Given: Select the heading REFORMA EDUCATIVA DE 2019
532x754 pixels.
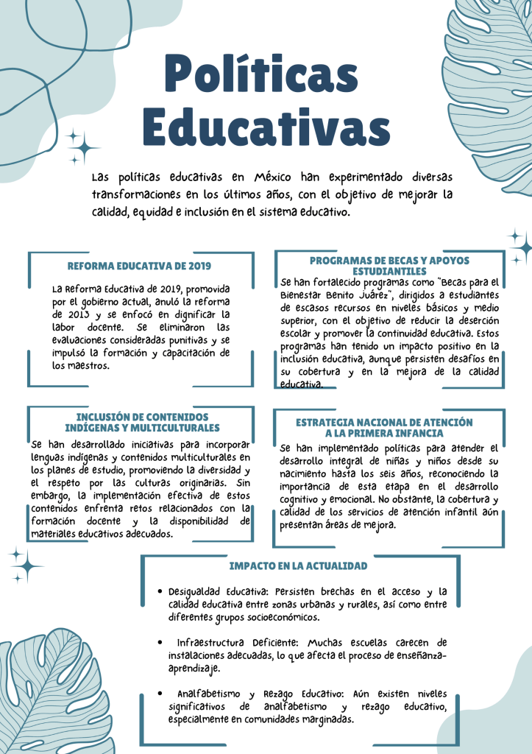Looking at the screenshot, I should coord(140,266).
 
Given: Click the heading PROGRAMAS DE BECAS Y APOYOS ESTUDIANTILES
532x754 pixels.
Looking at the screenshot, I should coord(389,266).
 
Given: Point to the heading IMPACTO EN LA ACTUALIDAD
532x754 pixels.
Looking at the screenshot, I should coord(298,565).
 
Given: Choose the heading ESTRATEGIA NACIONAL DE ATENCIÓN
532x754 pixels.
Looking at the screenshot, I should coord(384,423).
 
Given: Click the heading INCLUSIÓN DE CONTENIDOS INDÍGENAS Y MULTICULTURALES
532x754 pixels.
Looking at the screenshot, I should coord(142,422).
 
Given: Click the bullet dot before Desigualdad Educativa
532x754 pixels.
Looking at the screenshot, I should coord(160,591).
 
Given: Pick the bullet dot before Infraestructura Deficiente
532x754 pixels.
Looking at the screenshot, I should coord(160,642).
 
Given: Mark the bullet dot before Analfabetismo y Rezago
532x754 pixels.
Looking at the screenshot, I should coord(160,694).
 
